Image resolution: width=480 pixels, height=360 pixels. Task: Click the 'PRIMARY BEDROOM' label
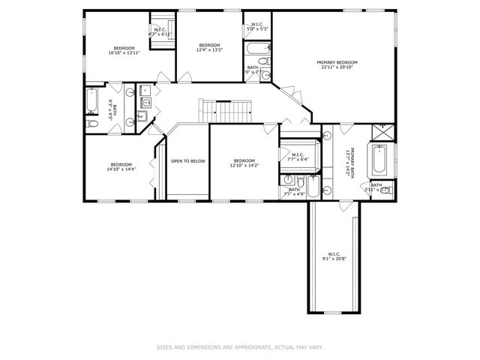[x=336, y=62]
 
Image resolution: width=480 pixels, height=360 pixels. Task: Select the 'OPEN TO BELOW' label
[x=187, y=160]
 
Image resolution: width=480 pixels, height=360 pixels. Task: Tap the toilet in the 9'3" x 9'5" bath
[x=91, y=122]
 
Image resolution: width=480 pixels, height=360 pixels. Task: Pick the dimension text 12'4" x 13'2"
[x=209, y=50]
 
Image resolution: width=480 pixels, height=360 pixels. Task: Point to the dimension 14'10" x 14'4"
[x=121, y=169]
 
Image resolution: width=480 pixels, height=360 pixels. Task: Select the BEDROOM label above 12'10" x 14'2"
[x=244, y=160]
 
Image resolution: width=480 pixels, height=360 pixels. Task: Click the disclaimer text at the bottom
[x=239, y=347]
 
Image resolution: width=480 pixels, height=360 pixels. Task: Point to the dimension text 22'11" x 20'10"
[x=336, y=67]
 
